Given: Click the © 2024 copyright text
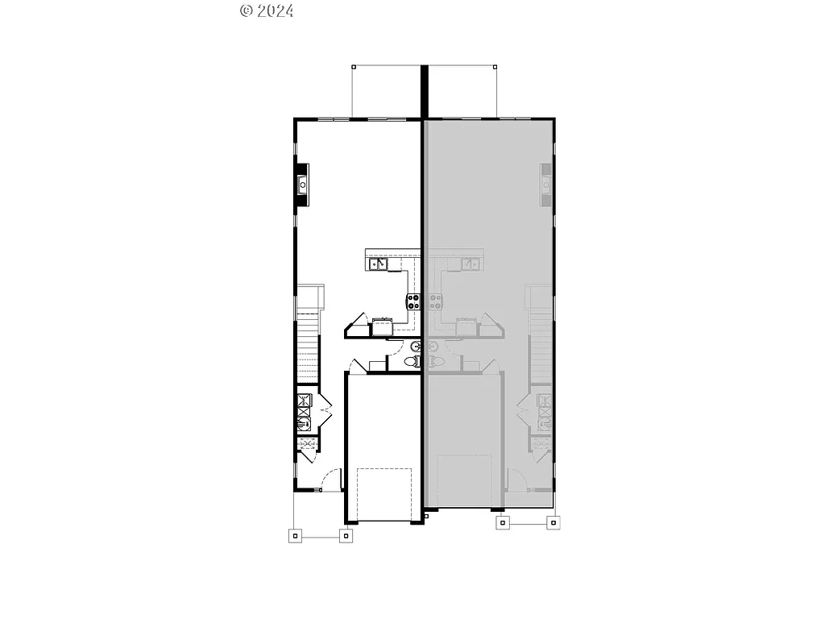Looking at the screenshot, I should click(267, 10).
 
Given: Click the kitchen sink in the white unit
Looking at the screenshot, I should click(377, 263).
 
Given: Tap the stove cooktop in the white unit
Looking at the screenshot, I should click(413, 302).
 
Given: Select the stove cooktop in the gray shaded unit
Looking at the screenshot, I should click(435, 302).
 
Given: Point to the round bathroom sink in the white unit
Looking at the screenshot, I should click(416, 347).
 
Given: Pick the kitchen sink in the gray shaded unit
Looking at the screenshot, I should click(471, 263).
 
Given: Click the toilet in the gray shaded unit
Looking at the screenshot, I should click(433, 363).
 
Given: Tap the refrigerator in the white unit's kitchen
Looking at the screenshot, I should click(381, 324).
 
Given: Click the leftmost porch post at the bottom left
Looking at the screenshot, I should click(295, 534).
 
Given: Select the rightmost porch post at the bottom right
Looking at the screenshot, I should click(553, 522).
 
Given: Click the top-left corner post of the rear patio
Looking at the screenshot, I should click(352, 65).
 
